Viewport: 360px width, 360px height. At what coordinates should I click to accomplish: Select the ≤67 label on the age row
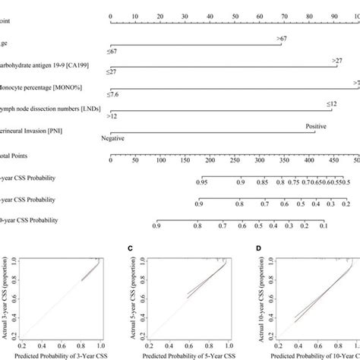115,52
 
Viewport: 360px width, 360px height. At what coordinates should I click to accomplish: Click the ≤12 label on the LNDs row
332,103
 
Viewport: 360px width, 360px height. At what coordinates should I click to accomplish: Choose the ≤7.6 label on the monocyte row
116,96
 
